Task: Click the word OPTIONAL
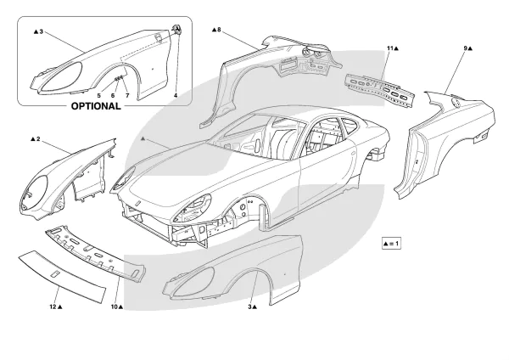(94, 108)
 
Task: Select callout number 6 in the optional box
(112, 96)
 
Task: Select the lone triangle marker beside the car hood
(144, 137)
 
